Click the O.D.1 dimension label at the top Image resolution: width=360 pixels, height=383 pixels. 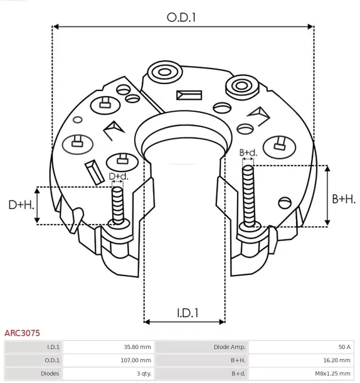(182, 17)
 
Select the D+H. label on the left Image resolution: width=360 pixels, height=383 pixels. (21, 205)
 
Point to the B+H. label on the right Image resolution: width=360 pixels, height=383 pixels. (343, 198)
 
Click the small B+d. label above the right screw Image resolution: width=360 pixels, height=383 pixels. (248, 153)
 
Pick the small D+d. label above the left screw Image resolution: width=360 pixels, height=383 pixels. (118, 176)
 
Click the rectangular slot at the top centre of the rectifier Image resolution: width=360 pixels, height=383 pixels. (187, 95)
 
